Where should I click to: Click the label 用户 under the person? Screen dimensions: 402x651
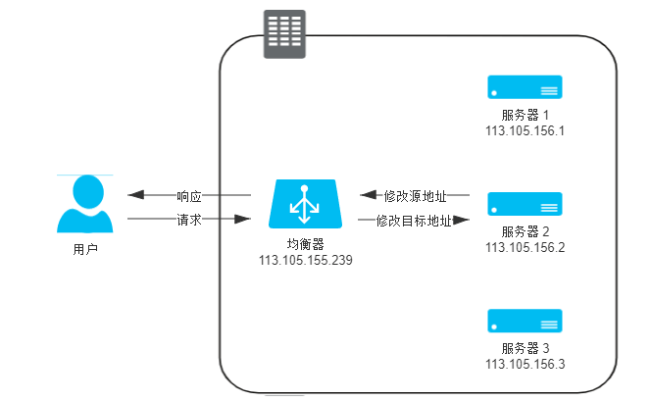(x=85, y=250)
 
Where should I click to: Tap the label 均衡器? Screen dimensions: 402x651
(x=305, y=244)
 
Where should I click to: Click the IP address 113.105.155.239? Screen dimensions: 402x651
(x=305, y=261)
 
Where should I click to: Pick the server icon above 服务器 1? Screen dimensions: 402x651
(x=526, y=88)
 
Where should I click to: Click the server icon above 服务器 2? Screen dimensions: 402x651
(x=526, y=204)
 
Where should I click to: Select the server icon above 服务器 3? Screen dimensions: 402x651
(x=526, y=321)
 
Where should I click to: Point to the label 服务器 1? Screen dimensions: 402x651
(x=526, y=115)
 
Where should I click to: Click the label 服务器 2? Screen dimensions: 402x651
(x=526, y=231)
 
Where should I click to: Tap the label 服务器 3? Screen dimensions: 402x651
(x=526, y=348)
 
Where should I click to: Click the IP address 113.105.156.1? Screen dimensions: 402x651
(x=526, y=130)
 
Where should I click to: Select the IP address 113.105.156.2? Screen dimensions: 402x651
(x=526, y=247)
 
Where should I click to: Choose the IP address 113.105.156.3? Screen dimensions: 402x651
(x=526, y=364)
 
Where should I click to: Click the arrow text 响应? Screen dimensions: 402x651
(x=189, y=195)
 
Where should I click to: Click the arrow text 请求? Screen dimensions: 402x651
(x=189, y=221)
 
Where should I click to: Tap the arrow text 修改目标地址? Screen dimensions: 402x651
(x=415, y=221)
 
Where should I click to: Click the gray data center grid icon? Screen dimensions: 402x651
(x=284, y=34)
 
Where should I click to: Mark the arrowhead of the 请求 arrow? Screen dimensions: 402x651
(x=244, y=221)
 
